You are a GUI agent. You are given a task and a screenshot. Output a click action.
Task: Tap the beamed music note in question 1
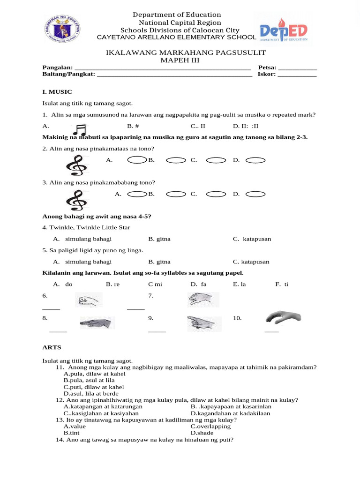(x=80, y=130)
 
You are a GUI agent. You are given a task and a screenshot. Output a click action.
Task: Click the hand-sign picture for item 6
(x=89, y=300)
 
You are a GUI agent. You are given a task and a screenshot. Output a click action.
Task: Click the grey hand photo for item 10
(x=282, y=317)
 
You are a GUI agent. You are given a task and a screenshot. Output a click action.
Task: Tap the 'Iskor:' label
(x=267, y=74)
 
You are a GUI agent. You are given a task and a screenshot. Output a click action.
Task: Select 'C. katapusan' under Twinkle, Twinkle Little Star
(x=252, y=239)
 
